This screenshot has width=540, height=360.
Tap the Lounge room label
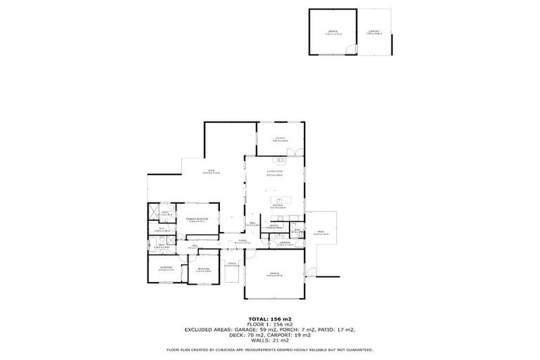(x=279, y=139)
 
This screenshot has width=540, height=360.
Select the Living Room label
(x=274, y=172)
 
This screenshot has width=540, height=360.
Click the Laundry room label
(x=285, y=243)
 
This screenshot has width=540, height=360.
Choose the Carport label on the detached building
(x=373, y=32)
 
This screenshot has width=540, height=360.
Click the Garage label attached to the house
(x=274, y=274)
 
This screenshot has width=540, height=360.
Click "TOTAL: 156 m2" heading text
(x=269, y=319)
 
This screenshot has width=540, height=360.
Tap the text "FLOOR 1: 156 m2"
(x=269, y=324)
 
